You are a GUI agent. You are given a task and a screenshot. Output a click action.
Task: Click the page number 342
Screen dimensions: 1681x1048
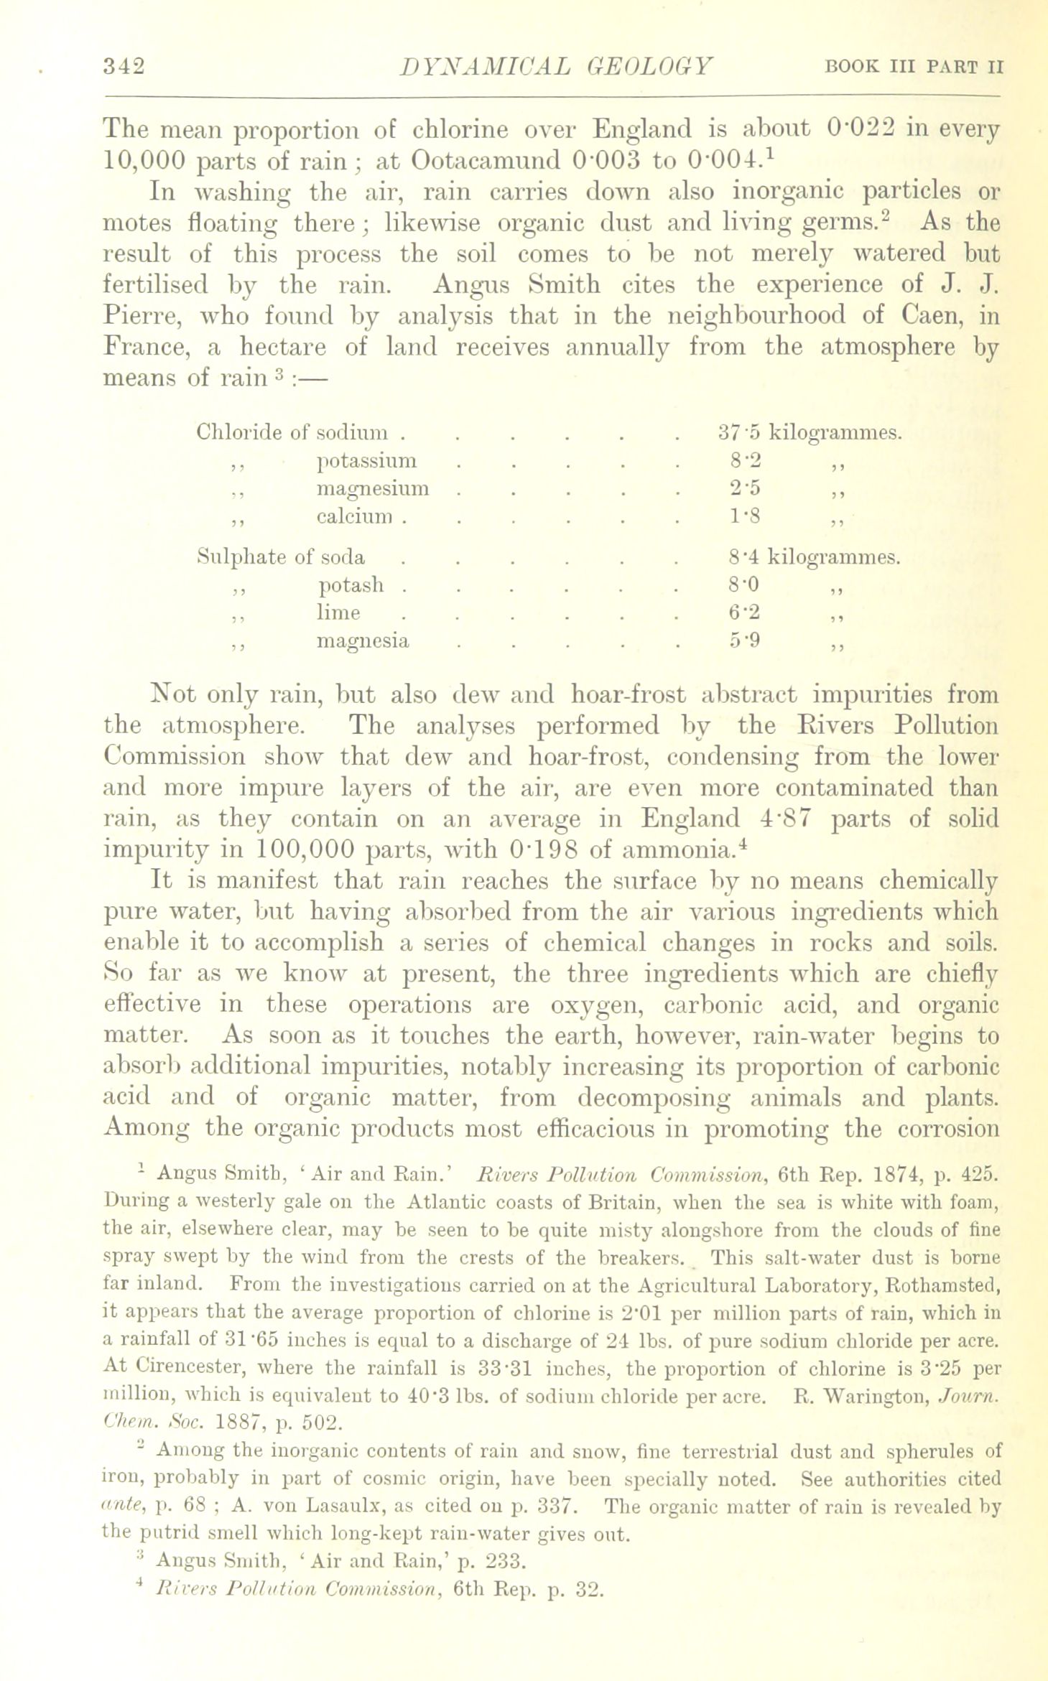coord(124,66)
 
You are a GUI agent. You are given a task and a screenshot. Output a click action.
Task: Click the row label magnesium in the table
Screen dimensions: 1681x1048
coord(373,488)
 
